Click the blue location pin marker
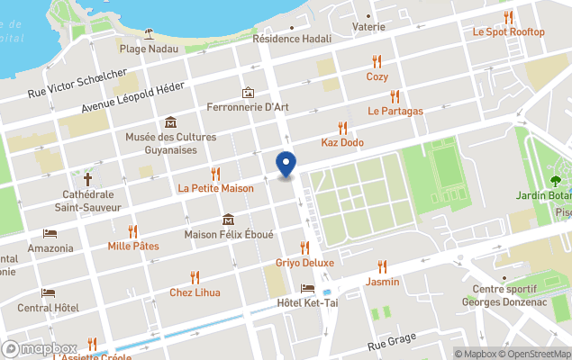286,164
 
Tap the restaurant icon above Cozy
377,61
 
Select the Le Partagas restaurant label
395,111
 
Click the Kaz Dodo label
342,142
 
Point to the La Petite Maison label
215,188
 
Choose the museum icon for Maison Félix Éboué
228,220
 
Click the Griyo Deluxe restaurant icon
304,247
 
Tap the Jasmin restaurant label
383,282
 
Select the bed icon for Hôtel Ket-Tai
308,289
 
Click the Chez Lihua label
195,292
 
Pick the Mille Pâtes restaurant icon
132,231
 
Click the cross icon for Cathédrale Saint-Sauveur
87,178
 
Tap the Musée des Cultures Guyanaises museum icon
170,122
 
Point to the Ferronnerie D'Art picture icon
248,93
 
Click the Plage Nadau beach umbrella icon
149,33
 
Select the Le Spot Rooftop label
509,31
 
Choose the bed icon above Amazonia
50,233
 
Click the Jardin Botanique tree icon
556,166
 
